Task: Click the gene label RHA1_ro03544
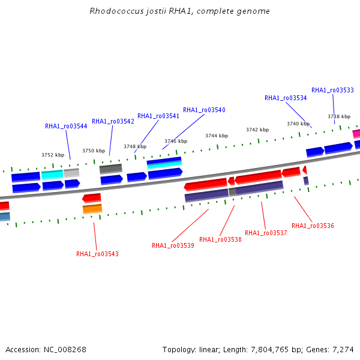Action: (x=66, y=127)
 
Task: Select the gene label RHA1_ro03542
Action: (x=113, y=122)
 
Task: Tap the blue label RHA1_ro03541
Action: (x=158, y=116)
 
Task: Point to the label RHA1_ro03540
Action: (x=204, y=110)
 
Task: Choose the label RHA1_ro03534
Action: (x=286, y=98)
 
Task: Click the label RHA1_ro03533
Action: (x=332, y=91)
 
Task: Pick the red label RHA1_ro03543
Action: (x=97, y=254)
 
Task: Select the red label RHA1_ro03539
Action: (x=173, y=246)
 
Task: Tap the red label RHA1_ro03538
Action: (x=220, y=240)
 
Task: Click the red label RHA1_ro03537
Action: (x=266, y=233)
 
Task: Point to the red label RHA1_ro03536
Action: (x=313, y=226)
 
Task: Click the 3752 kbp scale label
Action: (x=53, y=155)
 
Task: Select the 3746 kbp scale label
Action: (x=176, y=142)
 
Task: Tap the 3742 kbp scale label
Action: (x=257, y=130)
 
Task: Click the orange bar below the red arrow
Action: (x=92, y=209)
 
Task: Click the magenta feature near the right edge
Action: (x=356, y=134)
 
